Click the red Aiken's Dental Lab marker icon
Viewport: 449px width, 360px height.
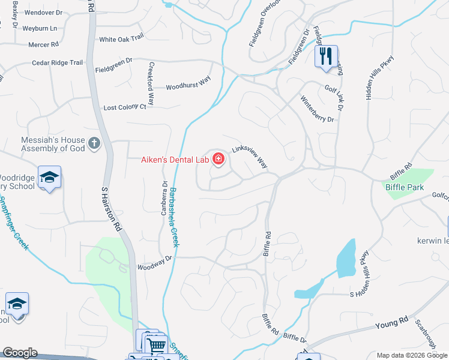click(218, 160)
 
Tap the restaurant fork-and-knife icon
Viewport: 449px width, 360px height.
click(326, 56)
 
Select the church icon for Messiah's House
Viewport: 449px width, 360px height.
click(94, 143)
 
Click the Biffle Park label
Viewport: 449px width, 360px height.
click(405, 187)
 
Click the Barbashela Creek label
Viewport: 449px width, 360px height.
click(174, 218)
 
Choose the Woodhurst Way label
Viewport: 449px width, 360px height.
click(188, 85)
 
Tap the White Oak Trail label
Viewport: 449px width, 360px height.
click(122, 38)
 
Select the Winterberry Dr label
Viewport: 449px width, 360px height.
click(317, 110)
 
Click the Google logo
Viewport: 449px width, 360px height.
click(20, 353)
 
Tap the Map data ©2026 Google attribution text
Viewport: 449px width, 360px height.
click(412, 355)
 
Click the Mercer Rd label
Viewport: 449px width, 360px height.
click(44, 44)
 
